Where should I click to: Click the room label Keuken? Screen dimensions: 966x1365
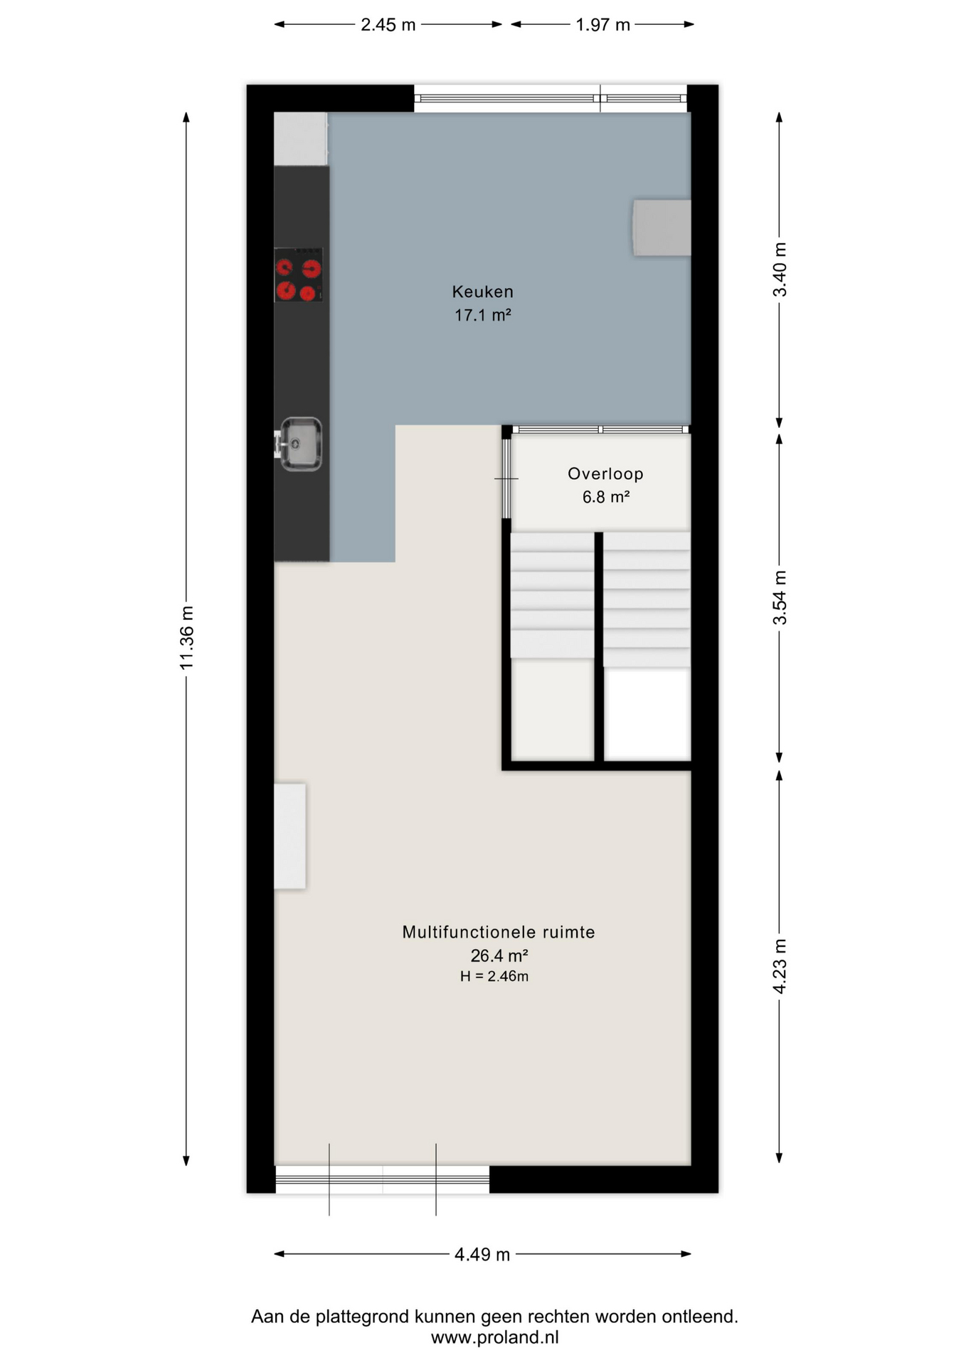tap(482, 291)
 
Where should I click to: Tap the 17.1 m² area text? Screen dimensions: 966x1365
tap(483, 315)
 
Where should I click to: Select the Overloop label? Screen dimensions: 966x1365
tap(605, 473)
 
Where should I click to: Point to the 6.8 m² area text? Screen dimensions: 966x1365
tap(605, 497)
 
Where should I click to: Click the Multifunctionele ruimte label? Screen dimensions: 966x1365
tap(499, 932)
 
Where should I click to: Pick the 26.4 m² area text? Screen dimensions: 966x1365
tap(499, 955)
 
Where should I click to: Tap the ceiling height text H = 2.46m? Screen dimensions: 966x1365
tap(494, 977)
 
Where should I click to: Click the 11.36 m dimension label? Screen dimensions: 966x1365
tap(186, 638)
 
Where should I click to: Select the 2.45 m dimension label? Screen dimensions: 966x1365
tap(388, 25)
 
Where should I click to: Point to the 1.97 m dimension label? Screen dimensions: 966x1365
tap(603, 25)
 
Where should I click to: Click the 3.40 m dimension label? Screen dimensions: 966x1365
tap(780, 269)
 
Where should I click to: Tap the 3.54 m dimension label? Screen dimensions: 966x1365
tap(780, 598)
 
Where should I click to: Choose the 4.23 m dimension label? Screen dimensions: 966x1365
tap(780, 966)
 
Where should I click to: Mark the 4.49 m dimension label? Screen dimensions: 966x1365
tap(482, 1255)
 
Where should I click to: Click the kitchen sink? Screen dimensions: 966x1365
tap(300, 444)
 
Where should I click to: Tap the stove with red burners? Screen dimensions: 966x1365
tap(299, 275)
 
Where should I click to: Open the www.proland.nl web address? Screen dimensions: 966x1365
tap(494, 1337)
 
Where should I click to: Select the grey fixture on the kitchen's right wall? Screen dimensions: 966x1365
tap(662, 227)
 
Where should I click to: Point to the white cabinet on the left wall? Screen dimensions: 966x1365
tap(290, 836)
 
